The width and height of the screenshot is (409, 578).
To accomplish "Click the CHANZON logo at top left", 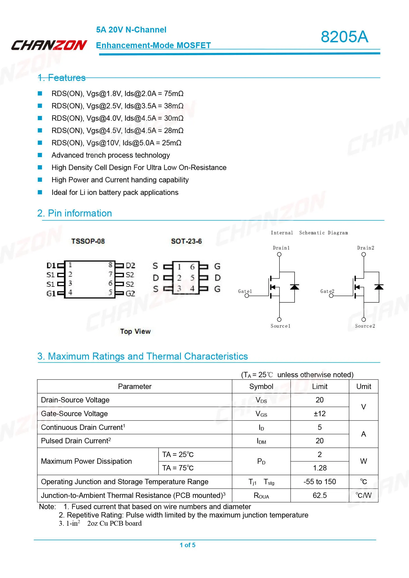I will (49, 45).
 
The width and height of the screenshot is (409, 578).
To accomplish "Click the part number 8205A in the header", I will (344, 37).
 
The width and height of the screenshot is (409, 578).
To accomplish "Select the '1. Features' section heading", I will (61, 78).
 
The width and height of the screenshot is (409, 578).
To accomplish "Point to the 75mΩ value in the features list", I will (174, 94).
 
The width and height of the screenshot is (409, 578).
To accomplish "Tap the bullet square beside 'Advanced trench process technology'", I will (40, 155).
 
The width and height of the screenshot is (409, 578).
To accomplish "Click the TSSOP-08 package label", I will (88, 241).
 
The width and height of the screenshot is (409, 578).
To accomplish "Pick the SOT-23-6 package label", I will (186, 241).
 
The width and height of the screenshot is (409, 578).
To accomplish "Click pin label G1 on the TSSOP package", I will (51, 294).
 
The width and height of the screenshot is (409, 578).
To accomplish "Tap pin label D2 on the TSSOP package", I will (130, 265).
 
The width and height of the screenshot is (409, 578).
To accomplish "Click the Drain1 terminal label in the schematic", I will (281, 248).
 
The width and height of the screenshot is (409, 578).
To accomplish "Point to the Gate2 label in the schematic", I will (327, 291).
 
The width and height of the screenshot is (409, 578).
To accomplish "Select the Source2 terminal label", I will (365, 326).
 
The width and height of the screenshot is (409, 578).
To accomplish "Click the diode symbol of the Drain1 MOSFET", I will (294, 287).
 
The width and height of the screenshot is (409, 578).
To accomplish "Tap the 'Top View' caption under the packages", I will (135, 332).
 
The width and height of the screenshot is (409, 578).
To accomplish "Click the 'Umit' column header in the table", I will (363, 386).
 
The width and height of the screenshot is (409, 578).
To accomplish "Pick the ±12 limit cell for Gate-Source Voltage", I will (320, 414).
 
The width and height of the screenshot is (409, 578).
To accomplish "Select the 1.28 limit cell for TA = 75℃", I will (320, 468).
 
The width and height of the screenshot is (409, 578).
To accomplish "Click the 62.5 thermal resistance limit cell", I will (320, 495).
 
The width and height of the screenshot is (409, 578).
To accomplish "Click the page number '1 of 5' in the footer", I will (188, 545).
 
